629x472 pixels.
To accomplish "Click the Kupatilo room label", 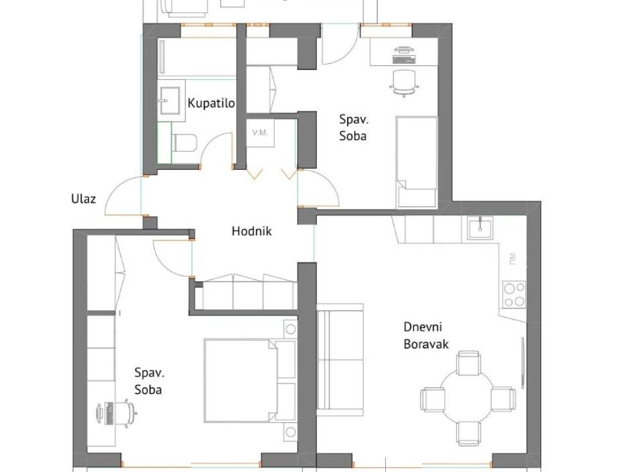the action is (x=211, y=103).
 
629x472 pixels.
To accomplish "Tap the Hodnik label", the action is (x=251, y=231).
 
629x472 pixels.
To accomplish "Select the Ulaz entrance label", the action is (x=84, y=199).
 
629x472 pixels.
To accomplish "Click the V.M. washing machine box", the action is (x=260, y=133).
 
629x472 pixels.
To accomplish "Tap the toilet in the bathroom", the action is (x=184, y=143).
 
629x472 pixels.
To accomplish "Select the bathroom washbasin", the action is (x=171, y=100).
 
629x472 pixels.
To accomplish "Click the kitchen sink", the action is (x=480, y=227).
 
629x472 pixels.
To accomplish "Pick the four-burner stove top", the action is (x=514, y=294).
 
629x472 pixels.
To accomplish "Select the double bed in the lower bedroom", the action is (x=240, y=380).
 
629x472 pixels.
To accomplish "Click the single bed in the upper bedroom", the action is (x=416, y=162).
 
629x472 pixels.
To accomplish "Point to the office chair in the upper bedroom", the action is (x=404, y=83).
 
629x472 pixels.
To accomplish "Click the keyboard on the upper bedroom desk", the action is (x=403, y=60).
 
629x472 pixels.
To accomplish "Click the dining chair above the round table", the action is (x=468, y=363).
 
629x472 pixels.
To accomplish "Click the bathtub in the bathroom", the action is (x=197, y=56).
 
